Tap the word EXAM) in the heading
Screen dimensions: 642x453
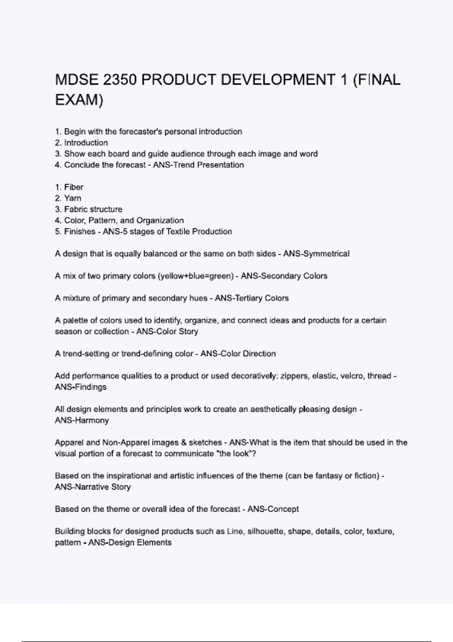point(79,100)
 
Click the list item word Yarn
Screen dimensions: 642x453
point(72,198)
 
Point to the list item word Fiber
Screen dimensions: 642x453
point(74,187)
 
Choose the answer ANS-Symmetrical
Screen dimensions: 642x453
point(316,254)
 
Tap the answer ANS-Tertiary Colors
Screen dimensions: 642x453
point(251,298)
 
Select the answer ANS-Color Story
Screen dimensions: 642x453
point(167,332)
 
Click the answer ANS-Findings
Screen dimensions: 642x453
point(80,387)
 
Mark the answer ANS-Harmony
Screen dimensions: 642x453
point(82,420)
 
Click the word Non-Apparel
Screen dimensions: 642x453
point(124,443)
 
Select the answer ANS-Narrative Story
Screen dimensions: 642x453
point(92,487)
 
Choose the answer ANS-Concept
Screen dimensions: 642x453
point(273,509)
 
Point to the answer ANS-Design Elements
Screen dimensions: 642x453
point(130,543)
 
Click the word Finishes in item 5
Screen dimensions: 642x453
point(80,231)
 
